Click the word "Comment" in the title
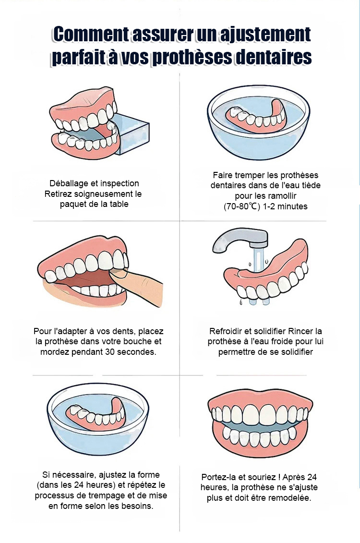[91, 35]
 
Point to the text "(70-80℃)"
[241, 206]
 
